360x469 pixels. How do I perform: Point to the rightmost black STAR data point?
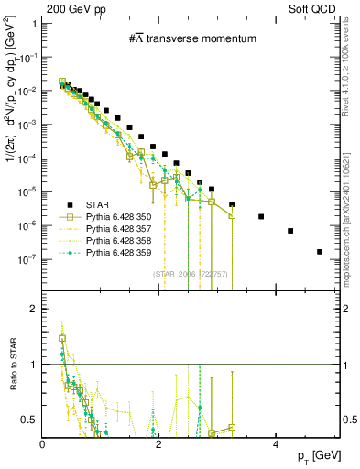click(x=320, y=252)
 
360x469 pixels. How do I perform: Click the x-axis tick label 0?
click(x=43, y=443)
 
